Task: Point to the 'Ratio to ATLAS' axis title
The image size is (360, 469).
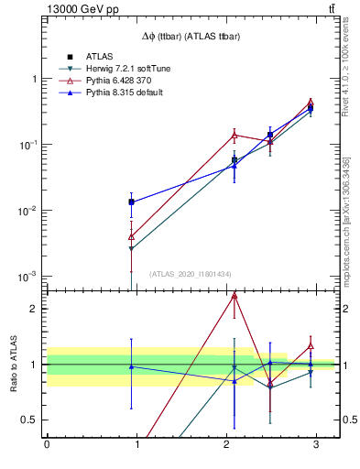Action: [x=14, y=365]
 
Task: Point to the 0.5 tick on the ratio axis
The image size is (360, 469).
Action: [x=30, y=420]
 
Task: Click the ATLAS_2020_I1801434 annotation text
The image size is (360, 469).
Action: [x=191, y=274]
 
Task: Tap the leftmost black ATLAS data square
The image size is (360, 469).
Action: [x=132, y=202]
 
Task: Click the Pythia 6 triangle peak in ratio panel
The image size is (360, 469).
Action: [x=235, y=296]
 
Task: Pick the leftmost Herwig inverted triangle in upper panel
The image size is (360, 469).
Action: [x=132, y=248]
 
